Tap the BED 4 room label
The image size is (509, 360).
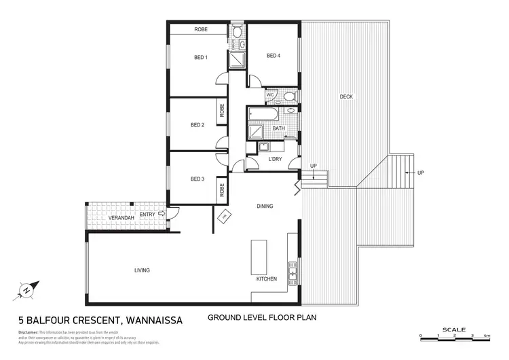point(274,56)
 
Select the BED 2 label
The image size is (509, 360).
point(197,125)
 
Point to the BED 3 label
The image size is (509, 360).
point(197,179)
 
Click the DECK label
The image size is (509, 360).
point(346,97)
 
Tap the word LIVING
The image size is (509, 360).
point(142,270)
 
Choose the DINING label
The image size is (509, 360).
point(265,206)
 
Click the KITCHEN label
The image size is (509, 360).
point(267,279)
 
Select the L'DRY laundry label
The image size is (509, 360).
point(275,158)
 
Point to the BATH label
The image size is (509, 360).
point(279,128)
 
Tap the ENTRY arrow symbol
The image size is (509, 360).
point(162,214)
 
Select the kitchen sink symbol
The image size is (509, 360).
point(293,274)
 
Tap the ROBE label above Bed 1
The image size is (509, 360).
point(201,30)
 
